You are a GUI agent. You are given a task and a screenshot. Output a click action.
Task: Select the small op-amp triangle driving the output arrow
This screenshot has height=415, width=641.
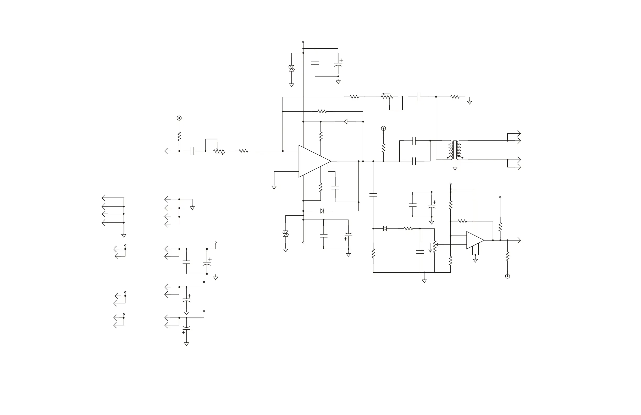(474, 240)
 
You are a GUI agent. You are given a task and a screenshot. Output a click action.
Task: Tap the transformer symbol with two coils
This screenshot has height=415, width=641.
(455, 150)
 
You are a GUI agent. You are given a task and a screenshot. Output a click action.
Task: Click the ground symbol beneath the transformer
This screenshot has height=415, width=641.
(455, 168)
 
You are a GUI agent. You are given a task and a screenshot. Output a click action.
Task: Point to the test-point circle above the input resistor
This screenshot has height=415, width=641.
(179, 118)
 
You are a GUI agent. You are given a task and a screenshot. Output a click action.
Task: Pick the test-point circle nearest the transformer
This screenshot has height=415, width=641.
(384, 128)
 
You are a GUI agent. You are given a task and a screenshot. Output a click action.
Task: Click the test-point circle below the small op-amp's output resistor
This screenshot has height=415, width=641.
(507, 276)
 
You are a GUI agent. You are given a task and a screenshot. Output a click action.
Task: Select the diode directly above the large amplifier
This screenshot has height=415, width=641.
(345, 122)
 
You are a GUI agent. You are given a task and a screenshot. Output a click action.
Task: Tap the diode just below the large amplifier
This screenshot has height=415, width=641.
(322, 211)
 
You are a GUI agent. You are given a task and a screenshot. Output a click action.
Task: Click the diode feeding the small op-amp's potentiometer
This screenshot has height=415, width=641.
(385, 228)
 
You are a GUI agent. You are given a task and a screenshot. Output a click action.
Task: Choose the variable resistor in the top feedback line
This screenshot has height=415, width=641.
(387, 96)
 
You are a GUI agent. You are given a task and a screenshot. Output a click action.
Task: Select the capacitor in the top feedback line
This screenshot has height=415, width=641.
(418, 97)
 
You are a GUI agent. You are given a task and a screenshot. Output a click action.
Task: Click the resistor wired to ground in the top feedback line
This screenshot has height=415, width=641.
(455, 97)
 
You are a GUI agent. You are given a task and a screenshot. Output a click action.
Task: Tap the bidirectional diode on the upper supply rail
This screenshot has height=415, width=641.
(291, 68)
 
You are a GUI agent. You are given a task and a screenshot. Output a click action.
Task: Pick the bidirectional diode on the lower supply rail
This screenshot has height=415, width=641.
(286, 234)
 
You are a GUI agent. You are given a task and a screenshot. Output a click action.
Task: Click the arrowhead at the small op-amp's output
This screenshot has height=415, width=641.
(519, 240)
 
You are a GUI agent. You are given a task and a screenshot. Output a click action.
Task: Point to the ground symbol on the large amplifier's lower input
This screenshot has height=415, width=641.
(274, 187)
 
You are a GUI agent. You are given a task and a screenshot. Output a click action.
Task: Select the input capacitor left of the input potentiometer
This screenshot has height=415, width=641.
(192, 151)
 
